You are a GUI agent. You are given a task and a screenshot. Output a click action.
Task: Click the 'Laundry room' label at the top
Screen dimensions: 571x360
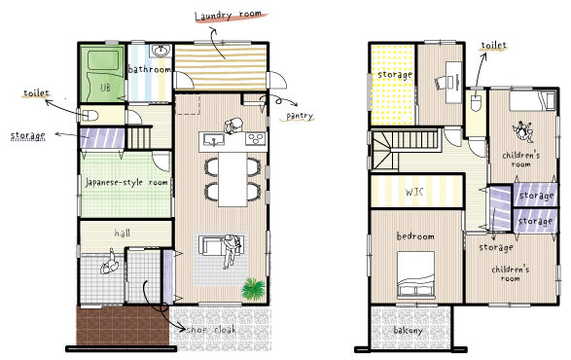tap(228, 16)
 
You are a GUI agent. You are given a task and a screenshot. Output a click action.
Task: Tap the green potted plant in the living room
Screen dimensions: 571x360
tap(253, 289)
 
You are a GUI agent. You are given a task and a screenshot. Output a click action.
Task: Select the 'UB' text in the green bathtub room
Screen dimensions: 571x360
tap(105, 88)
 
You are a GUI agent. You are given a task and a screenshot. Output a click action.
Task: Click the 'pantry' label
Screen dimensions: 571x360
tap(300, 116)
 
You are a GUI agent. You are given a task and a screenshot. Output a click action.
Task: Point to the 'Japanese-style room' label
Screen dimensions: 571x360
tap(126, 182)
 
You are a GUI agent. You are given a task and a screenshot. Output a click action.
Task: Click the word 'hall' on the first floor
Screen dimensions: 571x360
tap(122, 233)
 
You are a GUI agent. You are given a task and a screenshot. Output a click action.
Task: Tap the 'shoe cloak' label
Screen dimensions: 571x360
tap(211, 330)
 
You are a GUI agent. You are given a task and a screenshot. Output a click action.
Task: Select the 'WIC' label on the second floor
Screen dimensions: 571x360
tap(414, 192)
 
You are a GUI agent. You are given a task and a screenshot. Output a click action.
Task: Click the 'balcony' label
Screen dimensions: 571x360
tap(408, 331)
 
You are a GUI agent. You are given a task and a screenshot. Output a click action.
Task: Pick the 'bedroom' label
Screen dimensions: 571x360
tap(415, 236)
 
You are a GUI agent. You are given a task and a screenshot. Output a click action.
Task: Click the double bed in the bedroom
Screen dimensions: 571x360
tap(415, 274)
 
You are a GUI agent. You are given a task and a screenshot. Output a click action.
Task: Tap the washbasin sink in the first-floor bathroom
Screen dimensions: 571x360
tap(161, 51)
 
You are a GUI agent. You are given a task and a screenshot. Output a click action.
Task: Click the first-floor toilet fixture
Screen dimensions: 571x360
tap(88, 116)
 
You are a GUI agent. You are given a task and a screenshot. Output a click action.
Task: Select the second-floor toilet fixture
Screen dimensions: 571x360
tap(476, 102)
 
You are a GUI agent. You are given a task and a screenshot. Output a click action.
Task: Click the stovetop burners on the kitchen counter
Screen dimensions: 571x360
tap(256, 138)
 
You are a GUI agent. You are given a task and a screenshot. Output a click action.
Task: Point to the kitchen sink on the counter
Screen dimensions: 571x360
tap(214, 139)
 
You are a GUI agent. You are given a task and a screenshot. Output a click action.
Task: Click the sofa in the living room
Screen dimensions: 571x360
tap(212, 245)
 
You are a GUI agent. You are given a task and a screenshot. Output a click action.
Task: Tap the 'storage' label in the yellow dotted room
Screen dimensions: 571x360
tap(395, 75)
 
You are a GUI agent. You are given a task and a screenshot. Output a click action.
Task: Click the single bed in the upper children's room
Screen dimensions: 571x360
tap(533, 99)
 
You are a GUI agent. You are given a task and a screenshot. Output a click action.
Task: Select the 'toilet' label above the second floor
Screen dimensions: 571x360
tap(494, 46)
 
